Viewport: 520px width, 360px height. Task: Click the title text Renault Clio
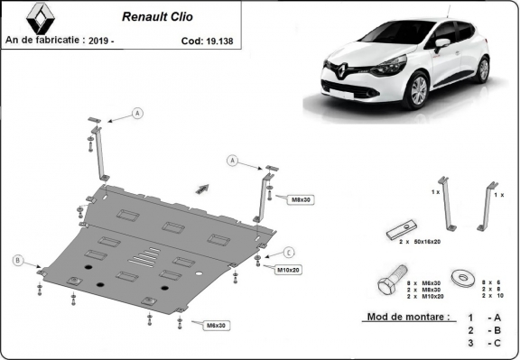(x=154, y=16)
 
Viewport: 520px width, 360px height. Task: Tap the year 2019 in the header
(x=126, y=40)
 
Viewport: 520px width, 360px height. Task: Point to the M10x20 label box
(x=289, y=270)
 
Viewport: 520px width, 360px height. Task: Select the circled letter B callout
(x=17, y=261)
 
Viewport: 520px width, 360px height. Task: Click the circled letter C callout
(x=289, y=251)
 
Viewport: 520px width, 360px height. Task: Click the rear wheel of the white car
(x=484, y=69)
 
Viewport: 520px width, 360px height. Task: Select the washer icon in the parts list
(x=463, y=276)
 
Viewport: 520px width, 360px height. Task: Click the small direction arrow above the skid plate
(x=200, y=188)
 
